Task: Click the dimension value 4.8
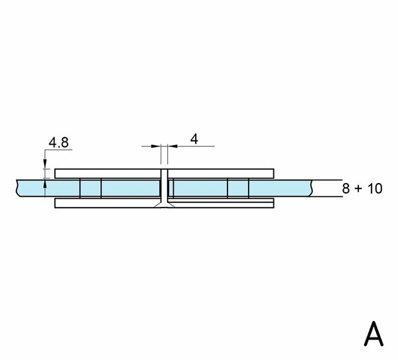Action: (x=58, y=143)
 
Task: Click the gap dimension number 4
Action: (x=194, y=139)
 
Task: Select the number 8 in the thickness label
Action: (x=346, y=189)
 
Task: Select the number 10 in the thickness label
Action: (x=375, y=189)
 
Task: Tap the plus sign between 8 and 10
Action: (x=358, y=189)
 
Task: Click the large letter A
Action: (x=373, y=333)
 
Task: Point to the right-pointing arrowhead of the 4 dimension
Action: (x=155, y=146)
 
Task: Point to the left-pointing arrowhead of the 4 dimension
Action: (x=172, y=146)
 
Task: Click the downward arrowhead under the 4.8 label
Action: (x=45, y=164)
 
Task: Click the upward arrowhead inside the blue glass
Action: (x=45, y=184)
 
